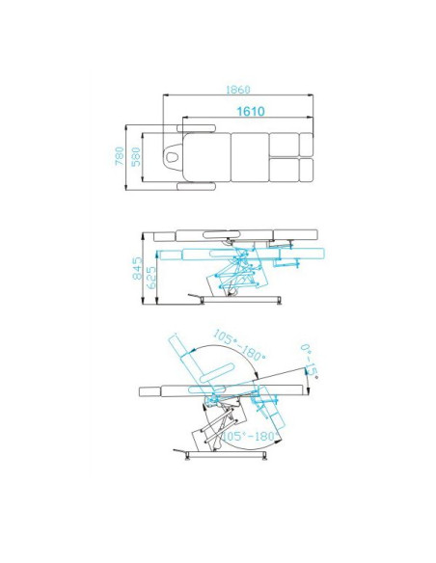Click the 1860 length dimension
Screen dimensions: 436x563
coord(237,90)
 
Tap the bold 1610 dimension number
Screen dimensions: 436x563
coord(251,111)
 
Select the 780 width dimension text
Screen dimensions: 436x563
coord(120,156)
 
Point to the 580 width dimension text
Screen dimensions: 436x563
coord(136,156)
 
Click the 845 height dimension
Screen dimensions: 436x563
coord(138,268)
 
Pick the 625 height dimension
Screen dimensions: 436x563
coord(151,278)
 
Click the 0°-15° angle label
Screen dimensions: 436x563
coord(310,362)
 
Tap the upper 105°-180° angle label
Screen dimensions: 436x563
coord(239,345)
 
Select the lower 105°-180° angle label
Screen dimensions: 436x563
coord(251,437)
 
